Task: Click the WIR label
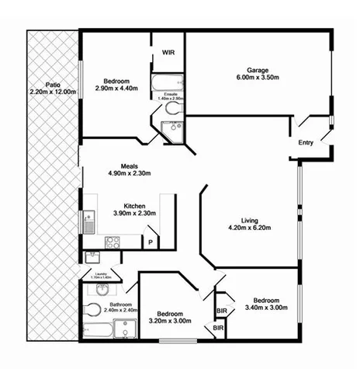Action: coord(167,52)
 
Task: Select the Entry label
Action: coord(306,143)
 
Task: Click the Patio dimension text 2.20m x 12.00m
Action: coord(53,92)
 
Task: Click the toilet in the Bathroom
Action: coord(92,310)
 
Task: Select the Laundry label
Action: coord(100,273)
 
